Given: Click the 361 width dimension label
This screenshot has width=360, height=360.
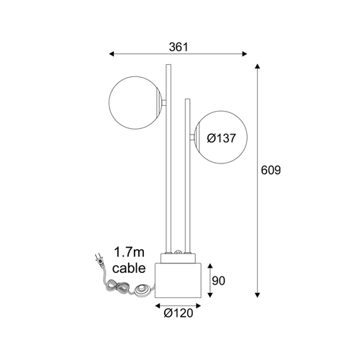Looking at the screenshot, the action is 179,47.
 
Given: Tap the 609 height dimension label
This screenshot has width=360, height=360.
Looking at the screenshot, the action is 271,170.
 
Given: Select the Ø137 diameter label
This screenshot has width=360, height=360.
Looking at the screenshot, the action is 221,138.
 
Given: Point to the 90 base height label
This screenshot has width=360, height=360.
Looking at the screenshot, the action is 218,281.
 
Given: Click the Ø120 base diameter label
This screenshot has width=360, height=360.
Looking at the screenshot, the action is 179,313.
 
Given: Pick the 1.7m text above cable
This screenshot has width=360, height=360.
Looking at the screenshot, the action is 129,252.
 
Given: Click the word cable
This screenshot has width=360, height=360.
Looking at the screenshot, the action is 129,268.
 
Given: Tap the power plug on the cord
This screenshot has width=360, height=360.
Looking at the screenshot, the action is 100,260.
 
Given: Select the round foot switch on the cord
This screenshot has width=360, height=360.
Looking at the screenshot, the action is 143,289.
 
